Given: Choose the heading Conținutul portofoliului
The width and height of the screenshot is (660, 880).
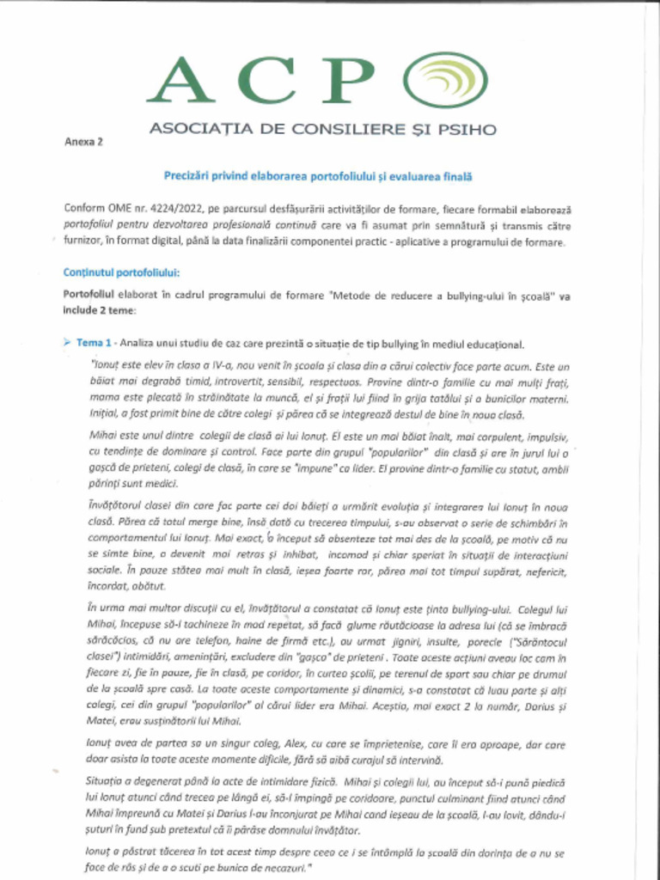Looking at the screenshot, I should pyautogui.click(x=121, y=273).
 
